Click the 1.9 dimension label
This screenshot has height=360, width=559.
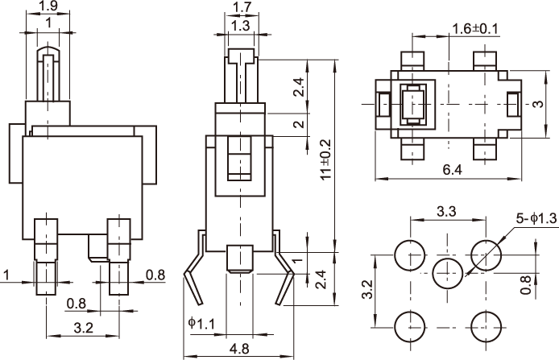[48, 6]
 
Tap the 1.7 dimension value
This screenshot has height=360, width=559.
[240, 8]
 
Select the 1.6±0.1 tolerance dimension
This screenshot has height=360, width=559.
[475, 28]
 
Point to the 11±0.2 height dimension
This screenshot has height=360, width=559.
[325, 161]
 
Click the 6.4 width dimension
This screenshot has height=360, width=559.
[452, 171]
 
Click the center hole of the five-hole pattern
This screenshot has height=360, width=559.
[449, 273]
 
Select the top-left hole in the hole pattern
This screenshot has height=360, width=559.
[410, 255]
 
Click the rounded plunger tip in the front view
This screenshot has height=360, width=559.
[50, 55]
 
